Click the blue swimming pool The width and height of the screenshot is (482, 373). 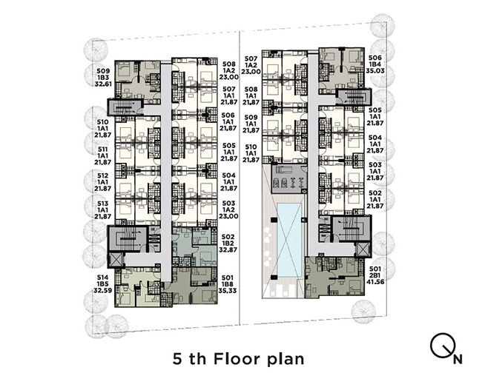pyautogui.click(x=288, y=240)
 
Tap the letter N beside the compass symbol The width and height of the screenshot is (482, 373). pyautogui.click(x=458, y=359)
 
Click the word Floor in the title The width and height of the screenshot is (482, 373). pyautogui.click(x=237, y=358)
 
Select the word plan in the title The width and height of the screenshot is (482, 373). pyautogui.click(x=285, y=359)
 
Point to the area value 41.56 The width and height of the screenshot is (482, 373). pyautogui.click(x=375, y=281)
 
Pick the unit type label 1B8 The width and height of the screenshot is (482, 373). pyautogui.click(x=228, y=284)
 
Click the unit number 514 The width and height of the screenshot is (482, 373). pyautogui.click(x=102, y=278)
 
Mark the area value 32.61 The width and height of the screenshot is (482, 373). pyautogui.click(x=102, y=84)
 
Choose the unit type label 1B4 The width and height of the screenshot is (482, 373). pyautogui.click(x=375, y=64)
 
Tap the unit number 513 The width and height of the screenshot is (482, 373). pyautogui.click(x=102, y=204)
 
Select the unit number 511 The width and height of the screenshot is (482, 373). pyautogui.click(x=102, y=149)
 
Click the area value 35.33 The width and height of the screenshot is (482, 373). pyautogui.click(x=228, y=291)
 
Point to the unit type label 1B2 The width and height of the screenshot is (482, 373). pyautogui.click(x=228, y=243)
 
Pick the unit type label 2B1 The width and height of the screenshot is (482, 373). pyautogui.click(x=375, y=275)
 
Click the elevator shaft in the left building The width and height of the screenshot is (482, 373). pyautogui.click(x=116, y=260)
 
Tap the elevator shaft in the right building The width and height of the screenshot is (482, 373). pyautogui.click(x=363, y=249)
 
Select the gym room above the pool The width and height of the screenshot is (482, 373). pyautogui.click(x=289, y=179)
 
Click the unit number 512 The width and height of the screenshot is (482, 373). pyautogui.click(x=102, y=175)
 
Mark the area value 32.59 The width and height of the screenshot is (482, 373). pyautogui.click(x=102, y=291)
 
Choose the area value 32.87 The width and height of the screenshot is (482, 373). pyautogui.click(x=228, y=250)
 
